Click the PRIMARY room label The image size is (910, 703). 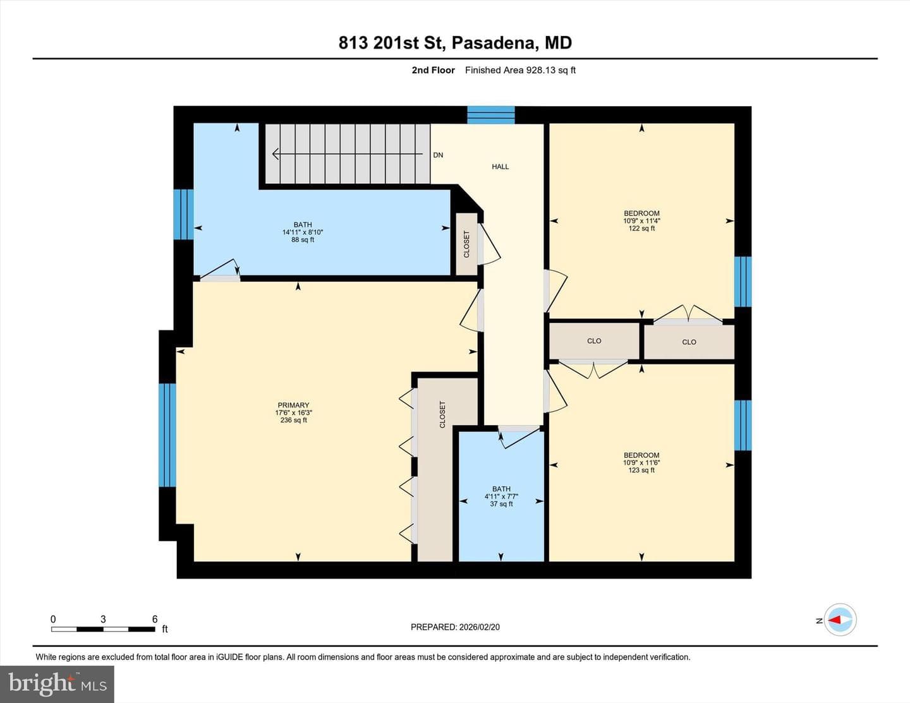pos(293,405)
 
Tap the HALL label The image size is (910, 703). pos(500,167)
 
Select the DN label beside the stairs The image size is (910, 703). pos(438,155)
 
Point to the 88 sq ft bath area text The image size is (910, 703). pos(302,240)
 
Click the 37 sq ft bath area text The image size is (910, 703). pos(501,504)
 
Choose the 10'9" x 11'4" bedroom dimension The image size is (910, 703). pos(641,220)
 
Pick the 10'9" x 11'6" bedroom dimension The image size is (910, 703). pos(641,462)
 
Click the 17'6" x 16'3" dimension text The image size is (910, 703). pos(293,412)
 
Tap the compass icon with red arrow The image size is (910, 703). pos(840,620)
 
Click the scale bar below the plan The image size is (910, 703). pos(103,629)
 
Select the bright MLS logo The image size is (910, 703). pos(58,684)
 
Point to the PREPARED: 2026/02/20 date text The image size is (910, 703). pos(455,627)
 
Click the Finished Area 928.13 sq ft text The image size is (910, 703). pos(520,70)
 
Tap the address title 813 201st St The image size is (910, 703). pos(391,43)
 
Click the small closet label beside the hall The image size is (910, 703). pos(466,244)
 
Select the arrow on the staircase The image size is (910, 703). pos(348,154)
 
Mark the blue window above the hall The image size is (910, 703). pos(491,115)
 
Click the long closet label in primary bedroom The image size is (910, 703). pos(442,414)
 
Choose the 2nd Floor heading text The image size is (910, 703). pos(433,70)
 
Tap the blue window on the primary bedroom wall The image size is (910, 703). pos(167,435)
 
